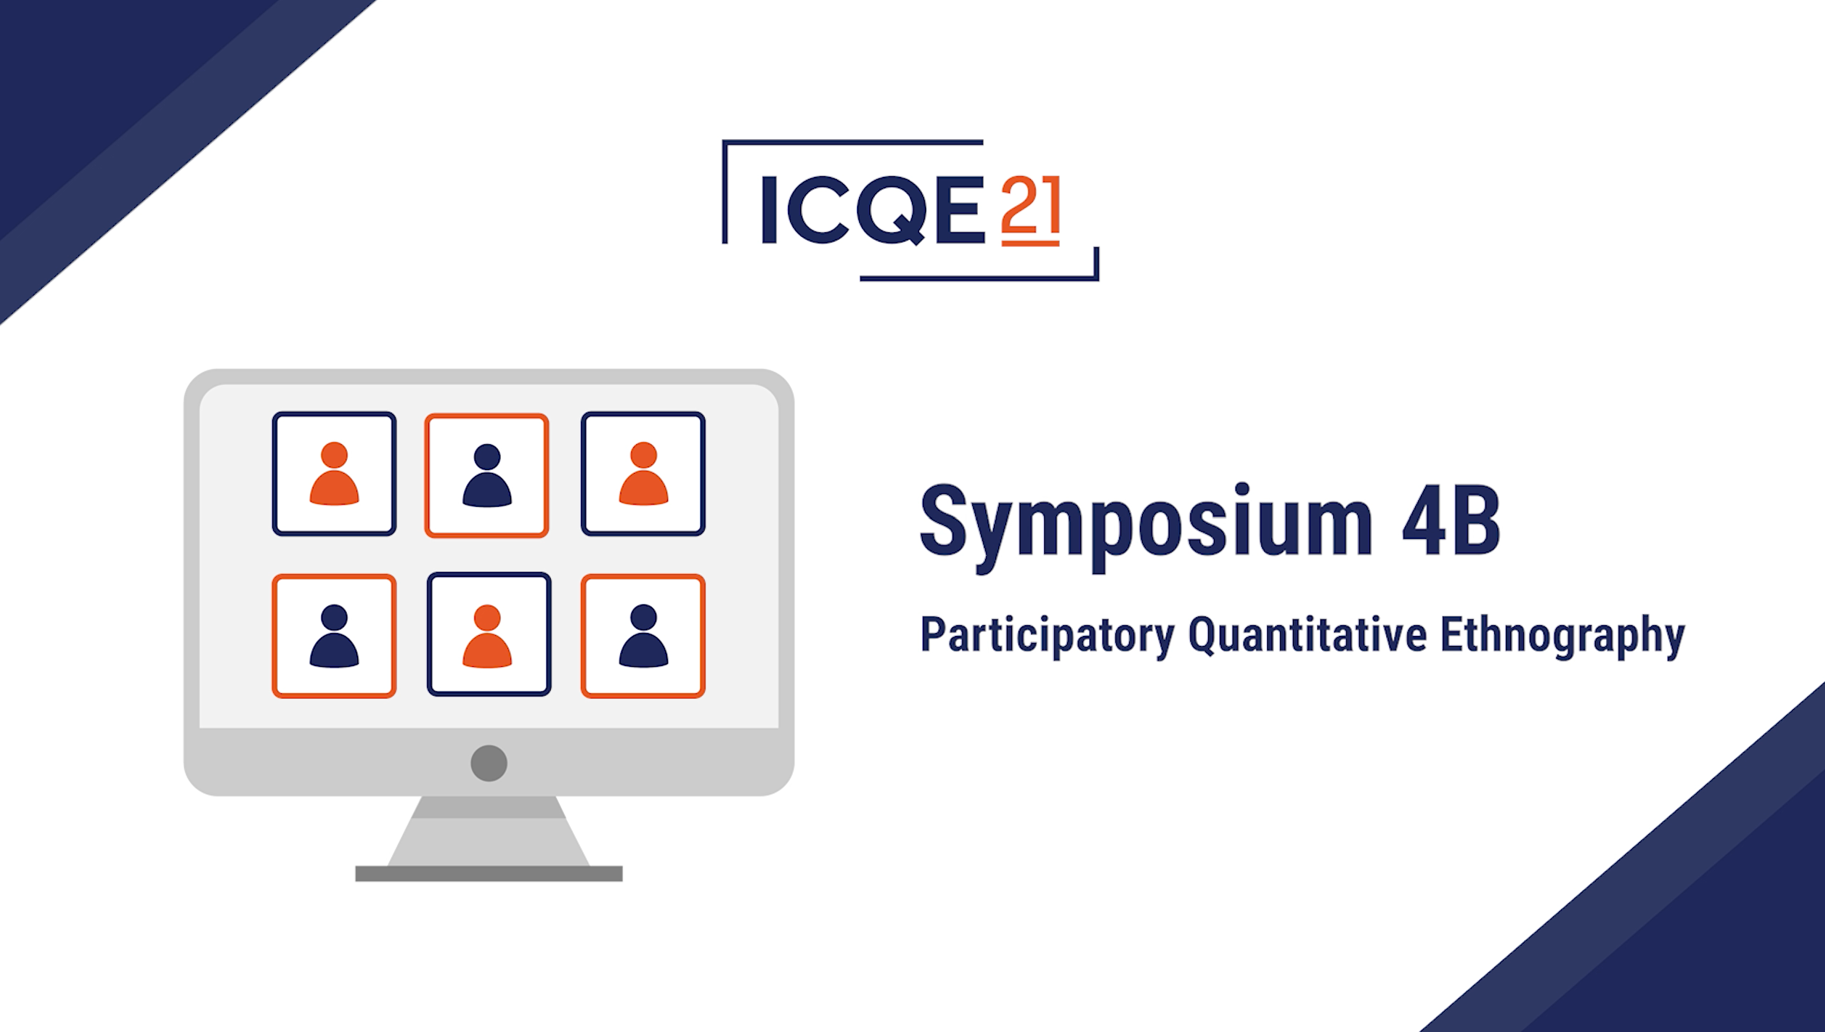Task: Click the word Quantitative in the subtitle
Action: point(1307,635)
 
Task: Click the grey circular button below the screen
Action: point(488,763)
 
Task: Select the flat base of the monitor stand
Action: point(488,873)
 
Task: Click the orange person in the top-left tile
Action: point(334,473)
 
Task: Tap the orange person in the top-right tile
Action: point(643,473)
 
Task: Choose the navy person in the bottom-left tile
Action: point(334,636)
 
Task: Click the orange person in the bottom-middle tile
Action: point(487,636)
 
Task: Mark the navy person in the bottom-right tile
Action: point(643,636)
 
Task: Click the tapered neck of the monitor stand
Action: point(488,831)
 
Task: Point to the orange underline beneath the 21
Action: point(1030,243)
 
